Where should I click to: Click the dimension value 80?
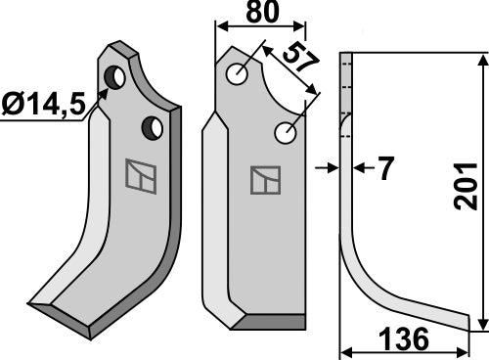point(259,15)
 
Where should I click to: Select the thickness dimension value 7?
point(384,169)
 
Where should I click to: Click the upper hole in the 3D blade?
point(116,76)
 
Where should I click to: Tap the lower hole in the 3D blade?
point(153,126)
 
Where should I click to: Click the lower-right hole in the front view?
point(287,132)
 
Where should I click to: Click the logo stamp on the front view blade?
point(265,180)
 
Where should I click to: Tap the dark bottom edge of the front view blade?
point(274,322)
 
